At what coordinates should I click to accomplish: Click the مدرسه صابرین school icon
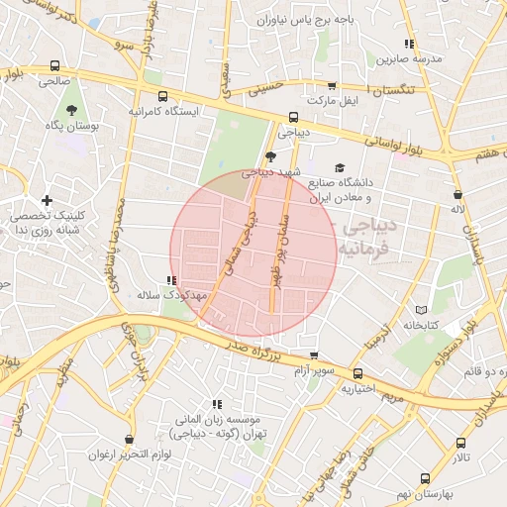(409, 44)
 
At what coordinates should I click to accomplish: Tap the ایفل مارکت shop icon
(331, 86)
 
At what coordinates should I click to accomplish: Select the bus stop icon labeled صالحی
(54, 67)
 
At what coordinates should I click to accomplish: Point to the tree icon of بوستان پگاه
(71, 110)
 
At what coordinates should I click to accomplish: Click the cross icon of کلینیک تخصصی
(47, 200)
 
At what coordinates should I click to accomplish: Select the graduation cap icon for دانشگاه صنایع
(340, 168)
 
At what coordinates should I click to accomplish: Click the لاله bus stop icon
(456, 194)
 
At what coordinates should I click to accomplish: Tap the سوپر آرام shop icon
(315, 355)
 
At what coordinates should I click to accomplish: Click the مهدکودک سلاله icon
(171, 281)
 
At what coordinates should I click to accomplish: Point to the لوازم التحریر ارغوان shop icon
(129, 439)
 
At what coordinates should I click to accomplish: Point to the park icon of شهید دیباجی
(270, 155)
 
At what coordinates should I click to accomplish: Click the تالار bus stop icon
(460, 443)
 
